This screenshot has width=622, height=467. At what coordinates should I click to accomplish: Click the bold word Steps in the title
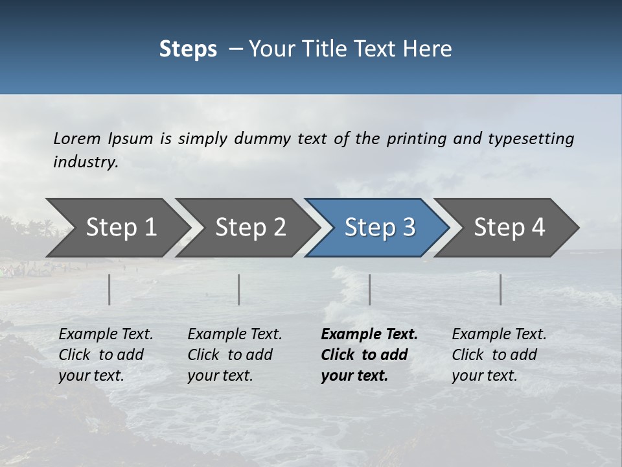(188, 49)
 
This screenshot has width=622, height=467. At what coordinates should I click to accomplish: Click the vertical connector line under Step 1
(109, 289)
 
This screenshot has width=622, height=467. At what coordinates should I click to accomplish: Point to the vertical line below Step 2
(239, 289)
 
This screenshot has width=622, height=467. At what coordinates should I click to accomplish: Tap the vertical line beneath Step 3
(370, 289)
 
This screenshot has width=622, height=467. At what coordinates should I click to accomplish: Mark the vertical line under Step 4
(501, 289)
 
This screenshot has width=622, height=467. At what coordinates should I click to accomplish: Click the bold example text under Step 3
(369, 355)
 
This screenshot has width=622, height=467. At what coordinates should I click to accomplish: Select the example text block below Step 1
(106, 355)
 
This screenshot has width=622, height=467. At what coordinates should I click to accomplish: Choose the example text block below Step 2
(235, 355)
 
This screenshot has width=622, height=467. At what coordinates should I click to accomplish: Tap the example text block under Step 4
(499, 355)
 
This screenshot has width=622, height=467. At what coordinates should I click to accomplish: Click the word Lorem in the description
(77, 138)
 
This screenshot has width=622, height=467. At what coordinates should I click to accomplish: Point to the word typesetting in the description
(531, 138)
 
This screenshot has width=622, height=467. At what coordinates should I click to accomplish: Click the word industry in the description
(85, 162)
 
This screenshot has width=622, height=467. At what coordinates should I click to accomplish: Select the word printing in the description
(416, 138)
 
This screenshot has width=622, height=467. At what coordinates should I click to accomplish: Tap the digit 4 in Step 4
(538, 228)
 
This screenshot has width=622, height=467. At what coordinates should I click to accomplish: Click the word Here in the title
(430, 49)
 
